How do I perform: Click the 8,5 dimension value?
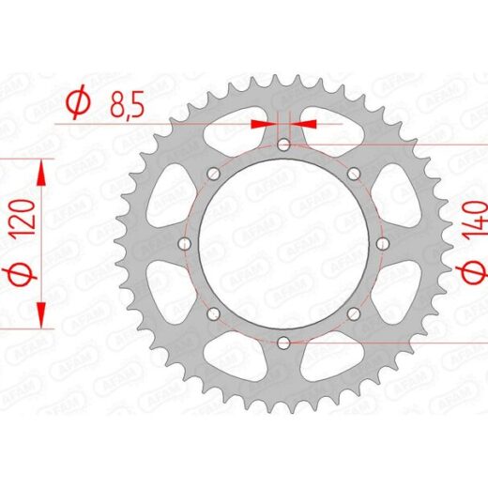[127, 103]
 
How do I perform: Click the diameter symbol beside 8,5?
[78, 101]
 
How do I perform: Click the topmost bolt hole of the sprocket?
[283, 145]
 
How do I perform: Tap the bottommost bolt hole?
[283, 343]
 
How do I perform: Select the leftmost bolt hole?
[185, 243]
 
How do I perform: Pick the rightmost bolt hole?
[383, 243]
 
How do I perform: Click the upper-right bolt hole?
[354, 174]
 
